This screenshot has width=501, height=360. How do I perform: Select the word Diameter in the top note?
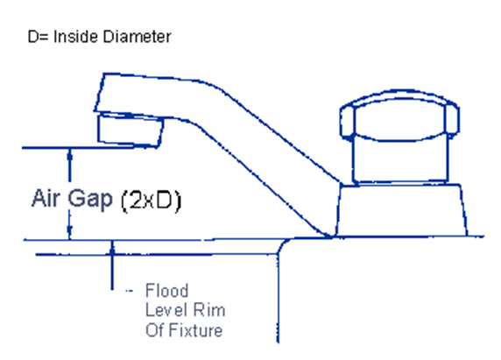tap(138, 37)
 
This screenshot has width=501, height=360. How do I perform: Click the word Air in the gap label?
tap(46, 198)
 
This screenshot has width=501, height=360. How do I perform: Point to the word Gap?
tap(90, 200)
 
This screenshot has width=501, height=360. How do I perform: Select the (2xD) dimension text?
tap(152, 201)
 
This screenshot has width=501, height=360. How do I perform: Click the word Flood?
tap(166, 290)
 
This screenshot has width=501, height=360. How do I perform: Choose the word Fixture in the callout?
tap(195, 330)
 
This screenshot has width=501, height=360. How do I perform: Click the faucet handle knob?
tap(399, 116)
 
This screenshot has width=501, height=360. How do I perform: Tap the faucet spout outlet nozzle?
tap(131, 131)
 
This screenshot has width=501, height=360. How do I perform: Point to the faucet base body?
tap(401, 210)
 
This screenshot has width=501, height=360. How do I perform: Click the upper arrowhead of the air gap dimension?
tap(70, 156)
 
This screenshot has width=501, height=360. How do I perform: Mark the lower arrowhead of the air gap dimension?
tap(70, 231)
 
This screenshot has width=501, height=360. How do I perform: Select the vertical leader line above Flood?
tap(112, 265)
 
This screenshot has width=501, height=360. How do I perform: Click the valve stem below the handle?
tap(400, 159)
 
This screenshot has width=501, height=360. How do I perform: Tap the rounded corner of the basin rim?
tap(282, 244)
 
